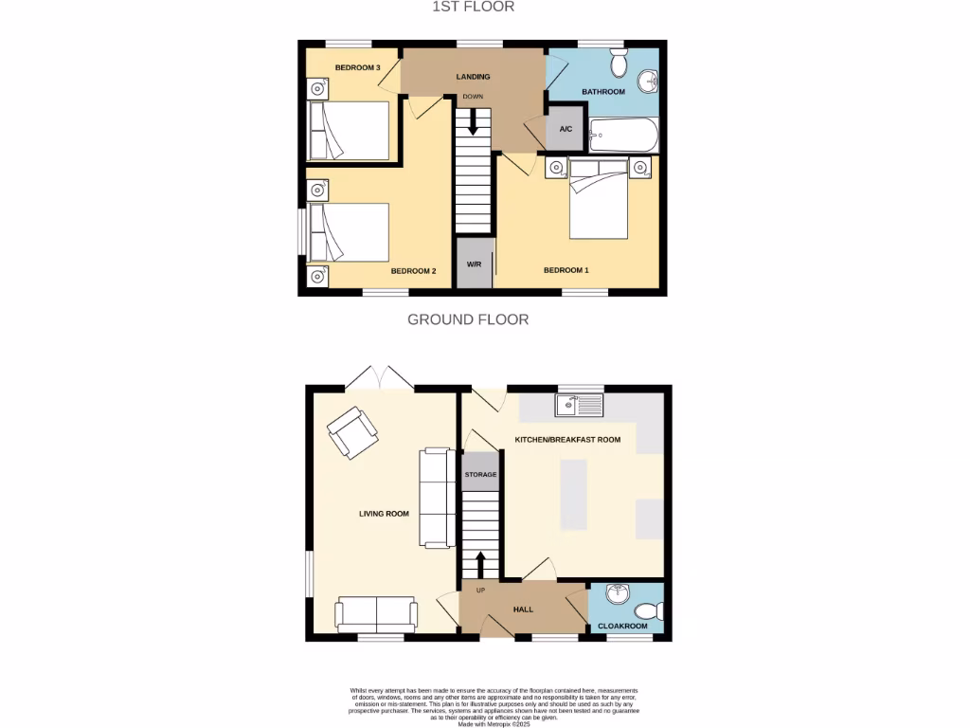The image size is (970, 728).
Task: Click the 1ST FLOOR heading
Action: tap(473, 8)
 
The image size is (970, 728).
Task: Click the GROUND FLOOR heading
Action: tap(468, 319)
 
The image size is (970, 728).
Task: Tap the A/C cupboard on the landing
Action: tap(566, 131)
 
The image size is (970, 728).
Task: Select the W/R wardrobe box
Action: tap(475, 264)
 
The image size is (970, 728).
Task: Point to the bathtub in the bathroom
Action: tap(623, 136)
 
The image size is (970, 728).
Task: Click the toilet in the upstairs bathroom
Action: tap(620, 64)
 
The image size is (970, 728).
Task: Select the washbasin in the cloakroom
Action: tap(617, 594)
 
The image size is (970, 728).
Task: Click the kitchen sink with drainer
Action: tap(579, 406)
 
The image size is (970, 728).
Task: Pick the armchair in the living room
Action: tap(351, 432)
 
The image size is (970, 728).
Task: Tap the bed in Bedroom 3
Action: tap(350, 130)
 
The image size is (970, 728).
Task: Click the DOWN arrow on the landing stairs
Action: tap(472, 122)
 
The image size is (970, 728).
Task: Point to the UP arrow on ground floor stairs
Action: tap(479, 564)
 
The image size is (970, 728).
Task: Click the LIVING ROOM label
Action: tap(384, 514)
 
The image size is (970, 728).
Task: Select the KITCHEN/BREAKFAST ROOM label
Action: tap(567, 441)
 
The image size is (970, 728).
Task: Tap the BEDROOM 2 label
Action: tap(413, 271)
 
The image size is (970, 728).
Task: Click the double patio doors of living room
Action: tap(379, 378)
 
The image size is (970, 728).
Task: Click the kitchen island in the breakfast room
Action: tap(573, 494)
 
